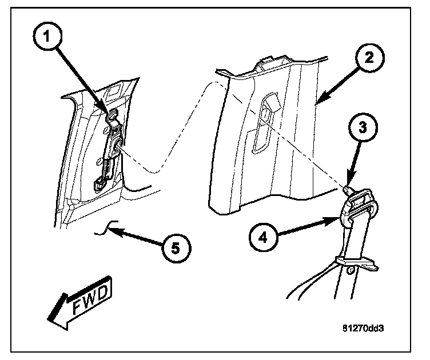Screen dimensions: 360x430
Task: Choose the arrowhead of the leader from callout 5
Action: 112,231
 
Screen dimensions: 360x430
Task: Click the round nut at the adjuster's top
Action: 113,116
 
